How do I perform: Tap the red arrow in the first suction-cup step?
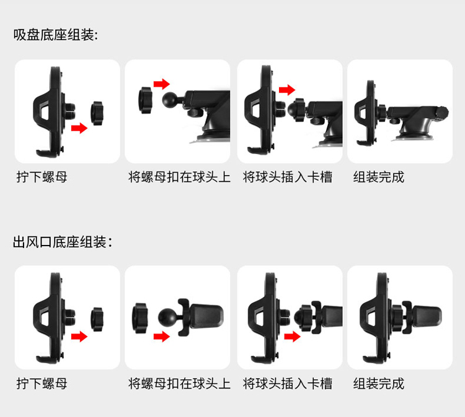[79, 128]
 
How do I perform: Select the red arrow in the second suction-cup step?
[162, 84]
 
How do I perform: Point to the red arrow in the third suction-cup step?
[287, 89]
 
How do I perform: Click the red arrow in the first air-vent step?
[79, 336]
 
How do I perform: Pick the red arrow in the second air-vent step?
[162, 336]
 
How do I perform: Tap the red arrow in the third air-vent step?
[293, 336]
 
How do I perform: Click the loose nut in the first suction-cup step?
[97, 113]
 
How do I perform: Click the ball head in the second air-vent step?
[166, 317]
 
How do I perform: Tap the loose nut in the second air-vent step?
[140, 318]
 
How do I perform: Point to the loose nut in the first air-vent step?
[97, 319]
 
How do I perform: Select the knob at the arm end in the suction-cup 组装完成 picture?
[442, 113]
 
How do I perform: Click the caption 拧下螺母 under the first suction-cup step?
[42, 177]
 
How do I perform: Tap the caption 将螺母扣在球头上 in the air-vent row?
[179, 383]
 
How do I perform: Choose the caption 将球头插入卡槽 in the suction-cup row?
[287, 177]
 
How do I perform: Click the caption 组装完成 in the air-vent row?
[378, 383]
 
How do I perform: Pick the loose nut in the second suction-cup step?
[145, 100]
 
